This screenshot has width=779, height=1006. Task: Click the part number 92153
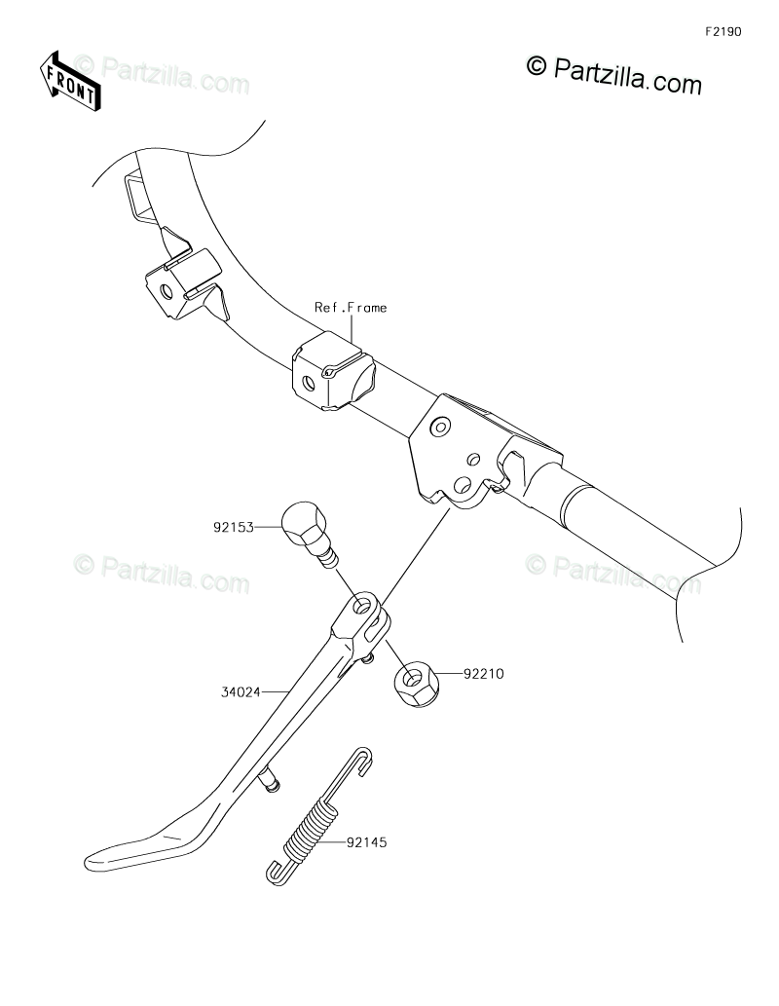(x=234, y=528)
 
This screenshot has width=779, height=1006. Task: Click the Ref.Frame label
(x=351, y=308)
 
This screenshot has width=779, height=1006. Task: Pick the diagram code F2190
(x=723, y=31)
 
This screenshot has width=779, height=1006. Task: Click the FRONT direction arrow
(x=68, y=80)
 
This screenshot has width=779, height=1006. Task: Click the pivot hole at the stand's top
(x=365, y=610)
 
